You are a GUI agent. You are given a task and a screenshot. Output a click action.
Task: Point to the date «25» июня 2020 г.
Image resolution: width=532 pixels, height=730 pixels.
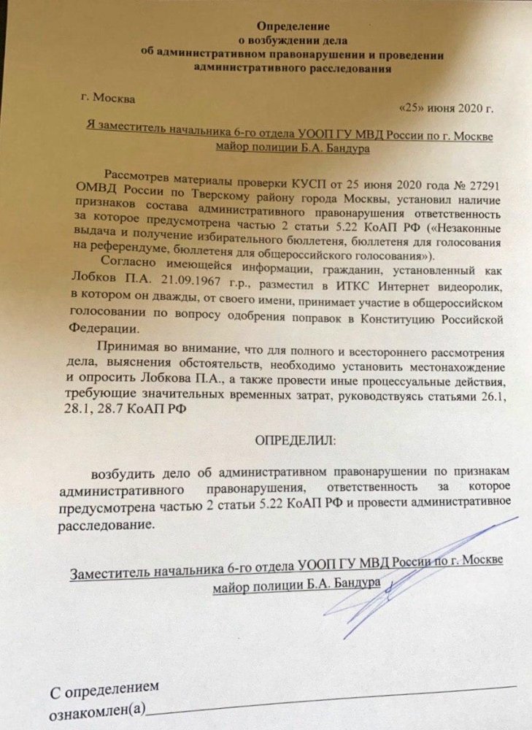click(x=447, y=109)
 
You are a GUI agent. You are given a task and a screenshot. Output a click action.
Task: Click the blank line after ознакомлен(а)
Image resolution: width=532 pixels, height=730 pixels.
click(x=328, y=706)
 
